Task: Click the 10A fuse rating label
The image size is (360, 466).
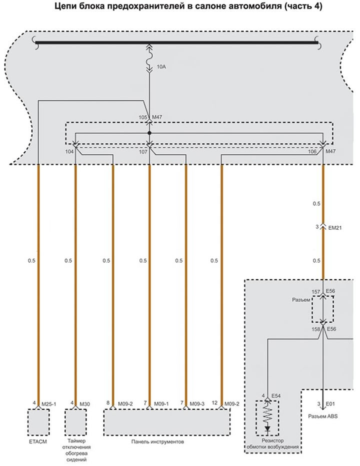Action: pos(161,66)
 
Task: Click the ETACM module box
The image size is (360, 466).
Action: pos(38,423)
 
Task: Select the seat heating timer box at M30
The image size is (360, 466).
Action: pos(75,423)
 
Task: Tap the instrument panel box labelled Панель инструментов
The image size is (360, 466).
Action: pos(166,423)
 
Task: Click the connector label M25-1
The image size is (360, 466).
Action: pos(49,403)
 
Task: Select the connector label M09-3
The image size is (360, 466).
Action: pos(198,403)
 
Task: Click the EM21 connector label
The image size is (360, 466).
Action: pos(335,228)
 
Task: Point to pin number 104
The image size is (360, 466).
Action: pos(69,151)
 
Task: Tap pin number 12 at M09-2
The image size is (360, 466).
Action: pos(213,403)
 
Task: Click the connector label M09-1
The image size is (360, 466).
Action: pos(161,403)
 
